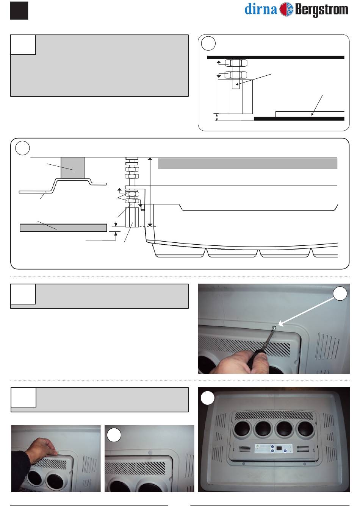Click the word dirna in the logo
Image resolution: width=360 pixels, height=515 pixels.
(x=261, y=9)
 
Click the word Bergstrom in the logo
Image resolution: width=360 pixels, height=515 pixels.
(x=321, y=10)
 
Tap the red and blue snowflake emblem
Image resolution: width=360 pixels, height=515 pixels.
(x=286, y=9)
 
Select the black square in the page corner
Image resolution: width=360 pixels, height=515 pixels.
(x=19, y=11)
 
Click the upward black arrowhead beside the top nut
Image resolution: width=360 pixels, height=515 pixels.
(x=219, y=62)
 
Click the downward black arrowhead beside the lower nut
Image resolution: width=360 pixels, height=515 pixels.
(x=219, y=76)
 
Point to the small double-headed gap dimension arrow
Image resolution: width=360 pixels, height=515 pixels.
(x=216, y=117)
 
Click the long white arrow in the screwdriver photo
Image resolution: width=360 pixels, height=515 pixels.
(x=306, y=311)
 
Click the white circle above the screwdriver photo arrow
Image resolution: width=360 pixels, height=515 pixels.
(x=340, y=293)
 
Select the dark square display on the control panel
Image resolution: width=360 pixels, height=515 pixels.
(x=279, y=448)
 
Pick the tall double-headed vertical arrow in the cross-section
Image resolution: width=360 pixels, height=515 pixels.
(x=150, y=192)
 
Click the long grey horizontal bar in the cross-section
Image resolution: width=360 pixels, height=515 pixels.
(x=247, y=164)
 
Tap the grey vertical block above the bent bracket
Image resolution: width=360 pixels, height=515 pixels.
(x=72, y=168)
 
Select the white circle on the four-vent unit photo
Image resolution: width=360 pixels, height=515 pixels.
(x=208, y=398)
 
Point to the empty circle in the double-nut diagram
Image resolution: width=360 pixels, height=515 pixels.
(x=208, y=43)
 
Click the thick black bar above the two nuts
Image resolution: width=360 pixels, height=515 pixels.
(x=275, y=57)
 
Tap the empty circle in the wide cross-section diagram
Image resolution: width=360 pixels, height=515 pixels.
(x=22, y=148)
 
